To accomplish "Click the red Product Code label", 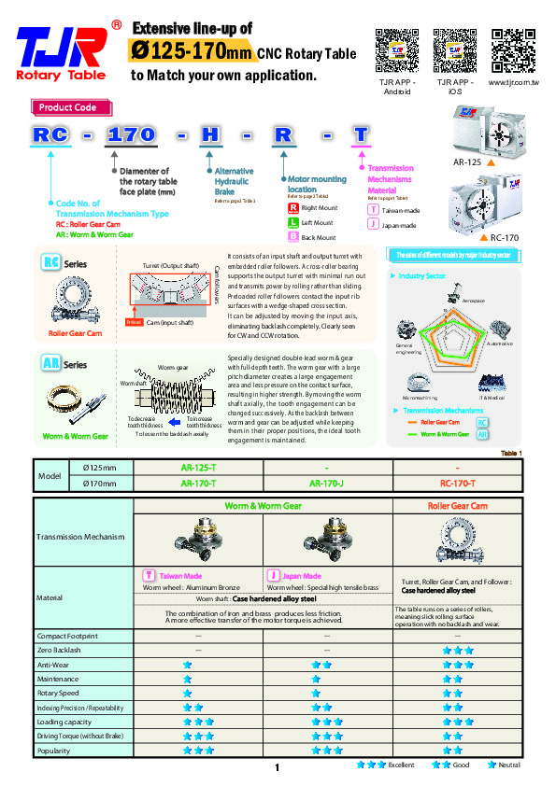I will point(67,108).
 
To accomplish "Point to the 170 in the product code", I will point(131,134).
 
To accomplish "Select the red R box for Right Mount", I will point(292,208).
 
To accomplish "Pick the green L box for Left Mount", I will point(292,223).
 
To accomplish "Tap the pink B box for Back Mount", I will point(292,238).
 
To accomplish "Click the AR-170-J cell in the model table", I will point(327,484).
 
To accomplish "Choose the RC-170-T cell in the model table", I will point(458,484).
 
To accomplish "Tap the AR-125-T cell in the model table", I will point(198,466).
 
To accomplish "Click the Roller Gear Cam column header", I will point(458,506).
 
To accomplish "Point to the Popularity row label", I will point(54,750).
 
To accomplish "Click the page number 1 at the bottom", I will point(278,767).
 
